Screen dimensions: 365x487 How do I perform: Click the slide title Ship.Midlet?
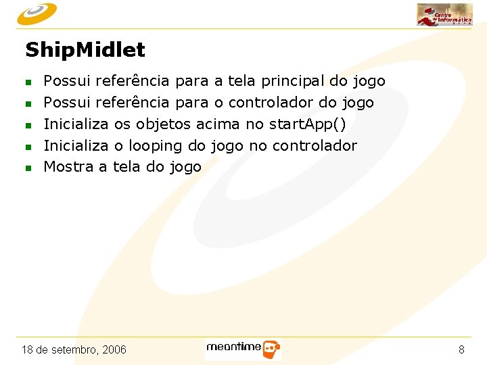tap(85, 50)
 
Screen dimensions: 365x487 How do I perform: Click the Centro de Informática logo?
tap(444, 14)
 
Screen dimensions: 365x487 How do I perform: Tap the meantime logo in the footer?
tap(243, 348)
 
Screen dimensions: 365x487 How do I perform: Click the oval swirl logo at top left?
tap(37, 12)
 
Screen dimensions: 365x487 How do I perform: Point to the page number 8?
tap(461, 349)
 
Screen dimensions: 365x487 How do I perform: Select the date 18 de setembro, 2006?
tap(74, 349)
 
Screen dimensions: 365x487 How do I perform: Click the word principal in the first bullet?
tap(292, 82)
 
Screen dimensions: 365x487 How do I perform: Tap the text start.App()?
tap(307, 124)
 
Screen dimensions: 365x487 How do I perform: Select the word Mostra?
tap(69, 166)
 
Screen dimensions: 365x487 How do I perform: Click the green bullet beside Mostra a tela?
tap(28, 168)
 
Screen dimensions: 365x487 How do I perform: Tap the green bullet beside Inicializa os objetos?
tap(28, 125)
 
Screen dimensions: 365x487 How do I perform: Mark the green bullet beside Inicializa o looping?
tap(28, 147)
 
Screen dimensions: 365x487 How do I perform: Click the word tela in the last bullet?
tap(126, 166)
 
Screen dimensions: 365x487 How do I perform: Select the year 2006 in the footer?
tap(113, 349)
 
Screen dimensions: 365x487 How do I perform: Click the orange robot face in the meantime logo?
tap(271, 349)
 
